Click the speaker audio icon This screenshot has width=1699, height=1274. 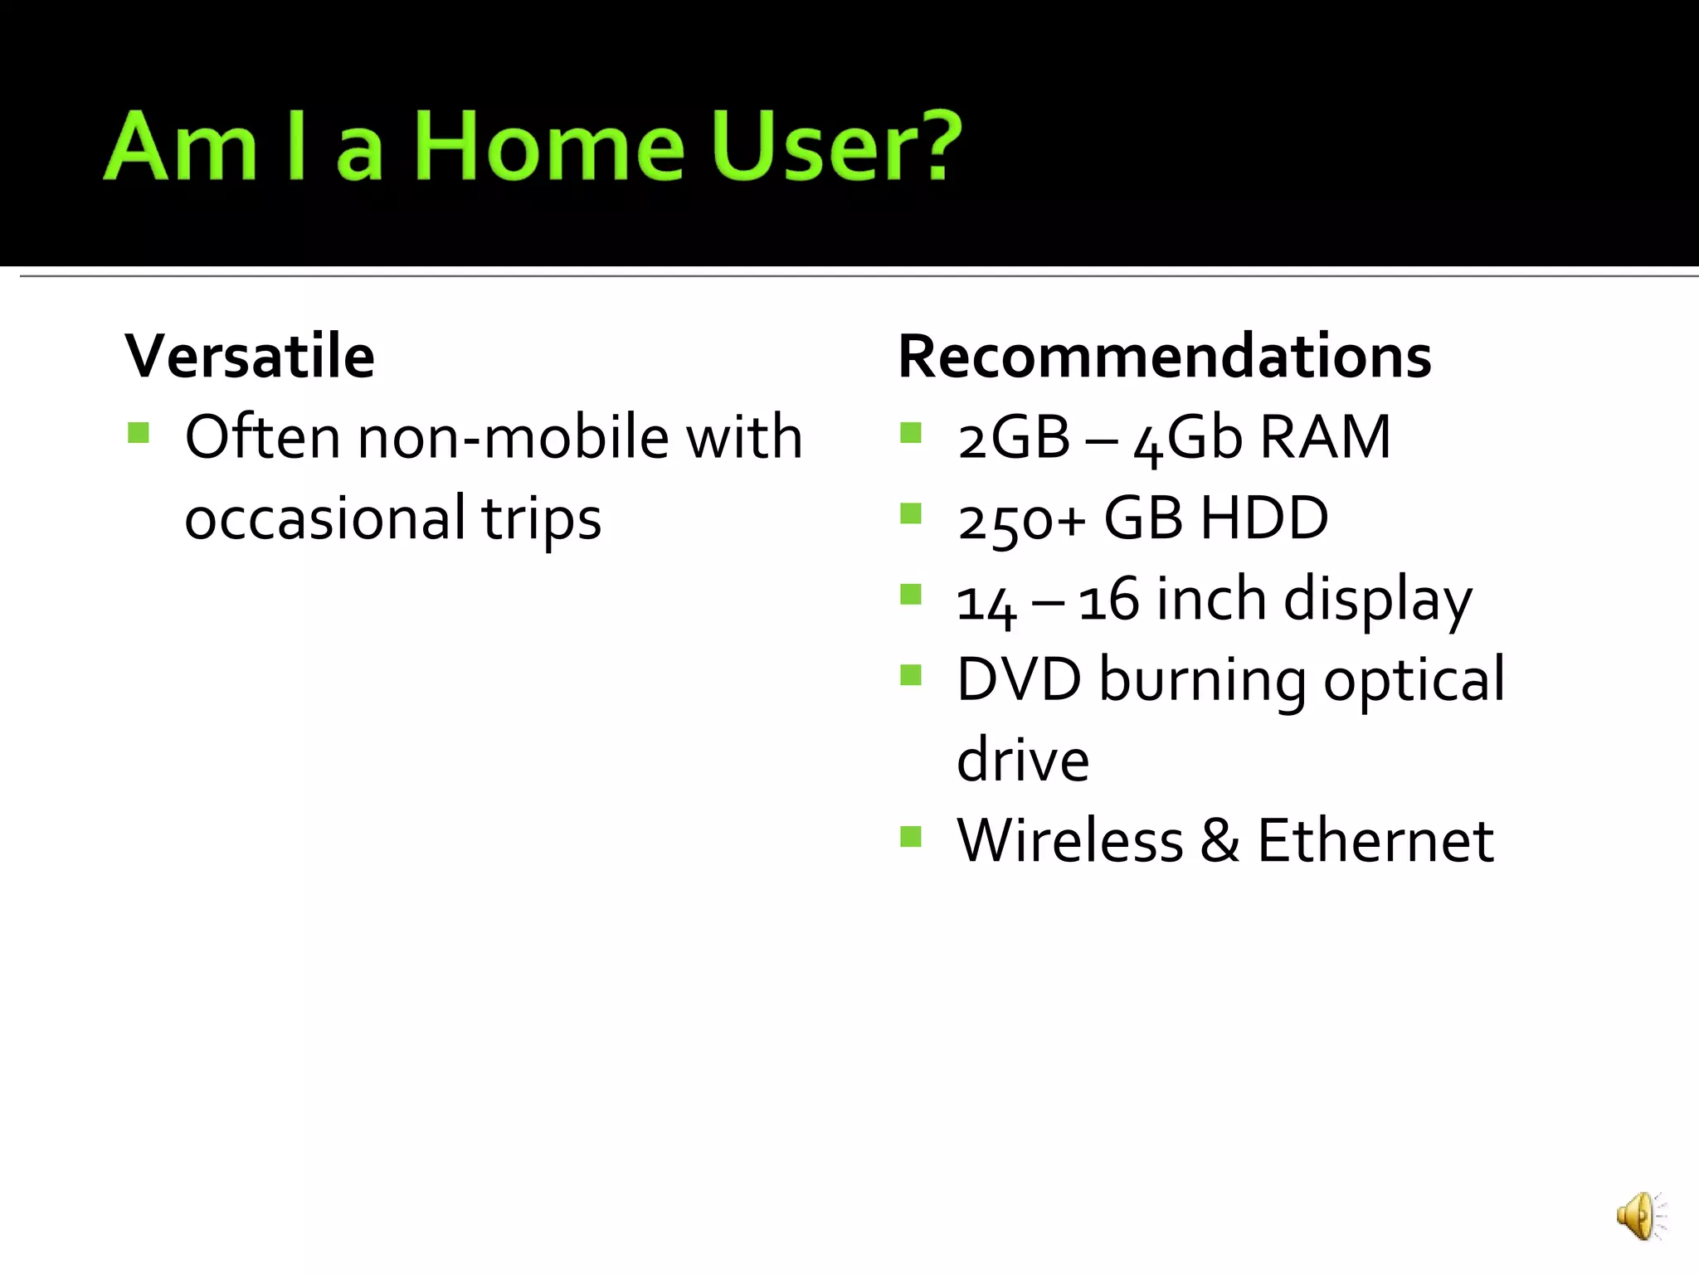1639,1217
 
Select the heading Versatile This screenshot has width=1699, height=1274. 250,357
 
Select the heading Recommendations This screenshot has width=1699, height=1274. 1164,357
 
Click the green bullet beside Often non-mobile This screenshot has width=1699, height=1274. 139,433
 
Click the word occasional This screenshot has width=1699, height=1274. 324,518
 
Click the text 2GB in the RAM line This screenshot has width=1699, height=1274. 1013,438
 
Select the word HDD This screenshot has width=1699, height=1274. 1264,518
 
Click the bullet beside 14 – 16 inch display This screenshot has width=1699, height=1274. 911,595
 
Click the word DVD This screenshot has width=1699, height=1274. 1019,679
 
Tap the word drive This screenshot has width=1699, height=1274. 1022,760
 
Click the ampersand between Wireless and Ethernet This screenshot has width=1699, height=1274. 1219,841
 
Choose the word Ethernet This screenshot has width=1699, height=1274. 1375,841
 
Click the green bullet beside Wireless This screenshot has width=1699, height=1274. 911,836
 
